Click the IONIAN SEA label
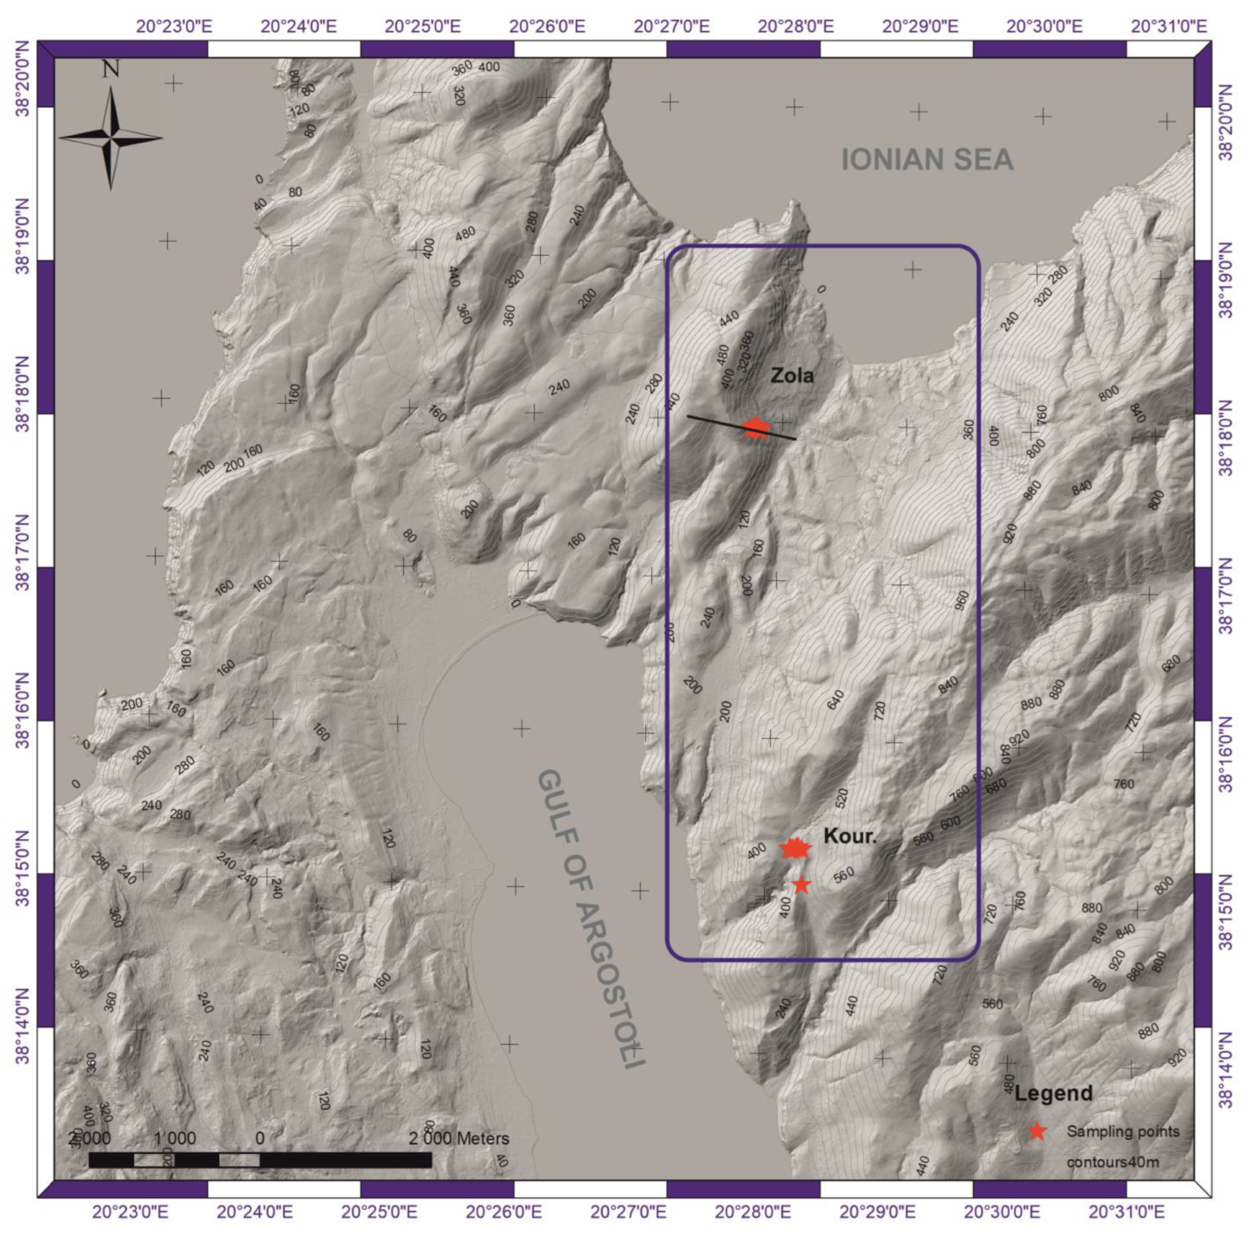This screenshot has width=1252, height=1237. click(x=927, y=160)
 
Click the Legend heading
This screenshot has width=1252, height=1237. click(x=1053, y=1094)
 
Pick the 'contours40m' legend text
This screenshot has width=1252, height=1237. click(x=1113, y=1162)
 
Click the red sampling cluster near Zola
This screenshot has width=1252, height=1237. click(x=755, y=428)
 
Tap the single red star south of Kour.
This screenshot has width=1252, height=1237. click(x=801, y=884)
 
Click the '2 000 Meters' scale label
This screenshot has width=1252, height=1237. click(x=459, y=1138)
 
